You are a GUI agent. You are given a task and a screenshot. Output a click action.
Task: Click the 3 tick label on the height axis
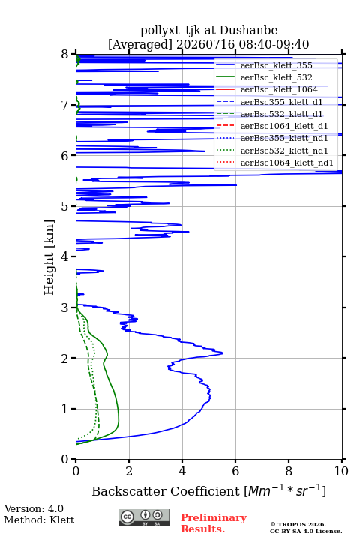(x=65, y=307)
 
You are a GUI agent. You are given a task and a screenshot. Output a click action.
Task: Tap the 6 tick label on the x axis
(x=235, y=471)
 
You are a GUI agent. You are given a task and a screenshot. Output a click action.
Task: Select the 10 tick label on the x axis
(x=341, y=471)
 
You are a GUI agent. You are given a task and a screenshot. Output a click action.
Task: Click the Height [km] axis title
(x=49, y=257)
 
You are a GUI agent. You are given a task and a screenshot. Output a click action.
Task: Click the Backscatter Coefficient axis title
(x=208, y=491)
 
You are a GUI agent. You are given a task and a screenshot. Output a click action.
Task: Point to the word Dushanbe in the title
(x=248, y=31)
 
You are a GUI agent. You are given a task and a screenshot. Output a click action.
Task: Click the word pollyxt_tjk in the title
(x=170, y=31)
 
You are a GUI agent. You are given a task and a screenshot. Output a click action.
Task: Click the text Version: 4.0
(x=34, y=508)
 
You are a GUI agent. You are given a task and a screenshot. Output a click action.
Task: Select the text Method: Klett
(x=39, y=520)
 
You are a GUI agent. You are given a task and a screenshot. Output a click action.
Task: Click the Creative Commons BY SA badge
(x=144, y=517)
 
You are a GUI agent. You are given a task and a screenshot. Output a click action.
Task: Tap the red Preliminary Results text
(x=214, y=523)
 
